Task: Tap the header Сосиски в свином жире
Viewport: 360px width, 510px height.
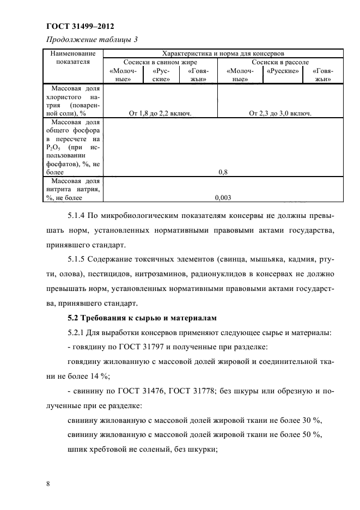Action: click(x=160, y=63)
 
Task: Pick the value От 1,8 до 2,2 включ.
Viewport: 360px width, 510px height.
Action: click(x=162, y=113)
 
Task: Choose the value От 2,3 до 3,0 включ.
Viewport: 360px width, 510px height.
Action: click(x=280, y=113)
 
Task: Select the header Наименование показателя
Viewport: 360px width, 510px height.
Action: click(x=73, y=58)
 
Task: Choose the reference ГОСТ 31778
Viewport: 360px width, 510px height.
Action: click(x=185, y=390)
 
